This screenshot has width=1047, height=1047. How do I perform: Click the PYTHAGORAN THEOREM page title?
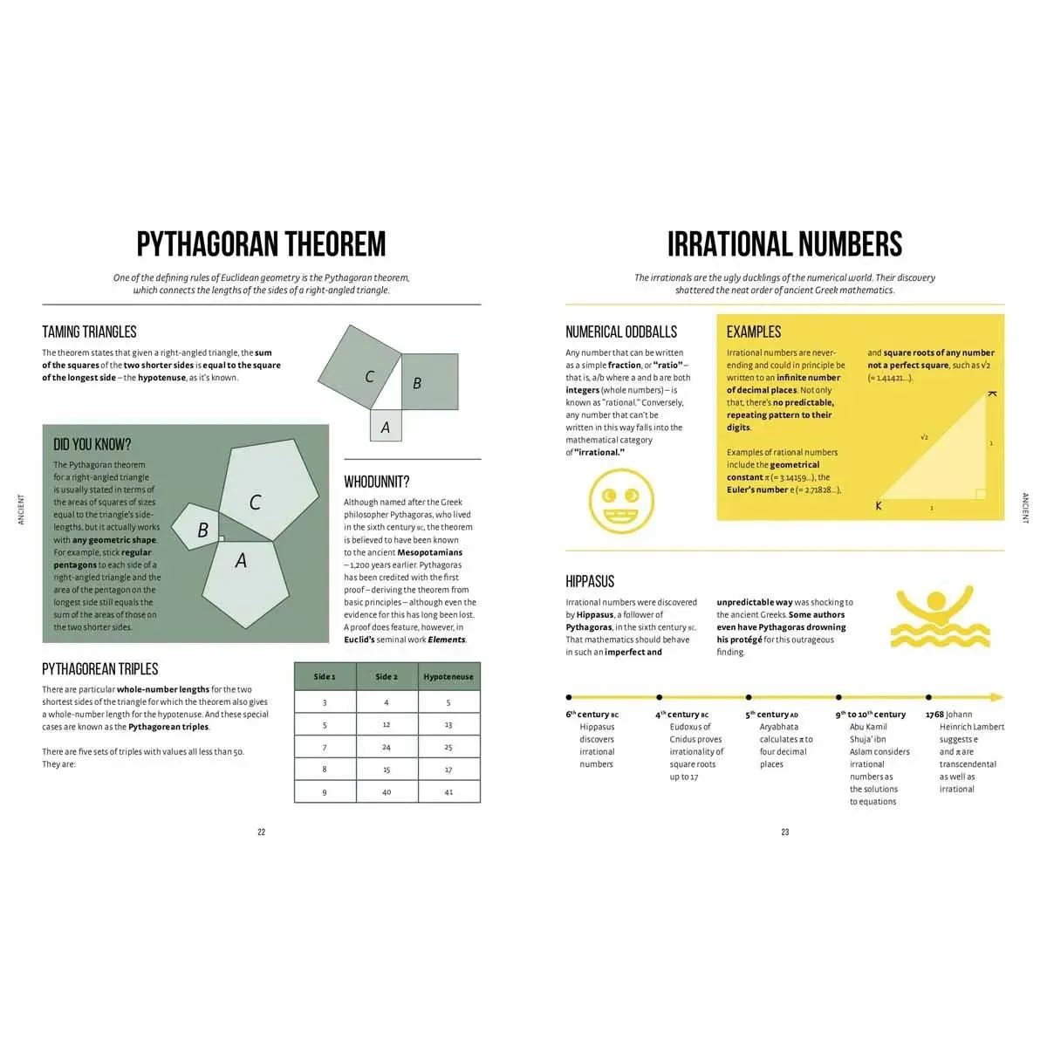click(x=261, y=244)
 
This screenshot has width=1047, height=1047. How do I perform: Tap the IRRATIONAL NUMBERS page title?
click(x=784, y=244)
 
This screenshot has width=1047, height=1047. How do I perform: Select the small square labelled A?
click(x=386, y=427)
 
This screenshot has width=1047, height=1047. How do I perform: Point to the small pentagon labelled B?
click(x=197, y=528)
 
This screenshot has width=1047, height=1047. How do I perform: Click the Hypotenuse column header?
click(x=448, y=676)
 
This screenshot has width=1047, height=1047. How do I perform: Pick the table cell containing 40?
click(x=387, y=792)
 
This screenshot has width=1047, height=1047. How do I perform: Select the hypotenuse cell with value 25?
click(x=448, y=747)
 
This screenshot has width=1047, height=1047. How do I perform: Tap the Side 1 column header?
click(x=325, y=676)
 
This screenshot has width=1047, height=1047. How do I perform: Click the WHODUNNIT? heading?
click(x=376, y=482)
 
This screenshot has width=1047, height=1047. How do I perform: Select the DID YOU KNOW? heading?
click(x=92, y=445)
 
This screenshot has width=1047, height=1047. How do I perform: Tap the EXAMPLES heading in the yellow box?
click(x=754, y=332)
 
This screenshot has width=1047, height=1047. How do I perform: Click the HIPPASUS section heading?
click(x=590, y=582)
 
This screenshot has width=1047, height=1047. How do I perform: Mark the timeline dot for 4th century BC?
click(x=659, y=697)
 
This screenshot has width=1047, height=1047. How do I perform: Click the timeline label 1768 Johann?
click(x=948, y=715)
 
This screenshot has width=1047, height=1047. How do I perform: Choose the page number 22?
click(x=261, y=832)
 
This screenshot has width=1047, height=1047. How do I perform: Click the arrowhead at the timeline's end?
click(x=997, y=697)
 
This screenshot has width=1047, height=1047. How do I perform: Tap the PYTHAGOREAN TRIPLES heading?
click(x=100, y=669)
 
